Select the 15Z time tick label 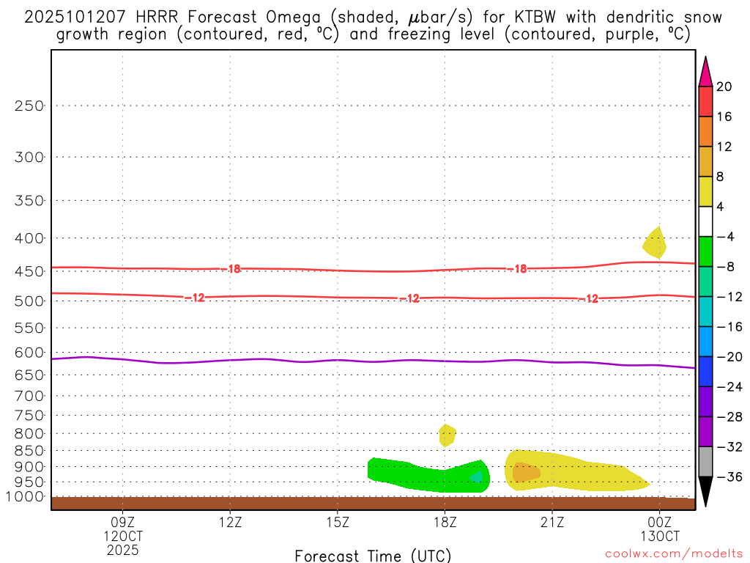point(337,523)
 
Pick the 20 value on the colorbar point(724,87)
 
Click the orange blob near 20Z point(525,473)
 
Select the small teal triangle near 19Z point(477,477)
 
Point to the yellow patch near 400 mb point(655,243)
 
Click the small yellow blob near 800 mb point(447,435)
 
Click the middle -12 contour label point(409,298)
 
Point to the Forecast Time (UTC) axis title point(373,555)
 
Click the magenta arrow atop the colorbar point(705,72)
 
